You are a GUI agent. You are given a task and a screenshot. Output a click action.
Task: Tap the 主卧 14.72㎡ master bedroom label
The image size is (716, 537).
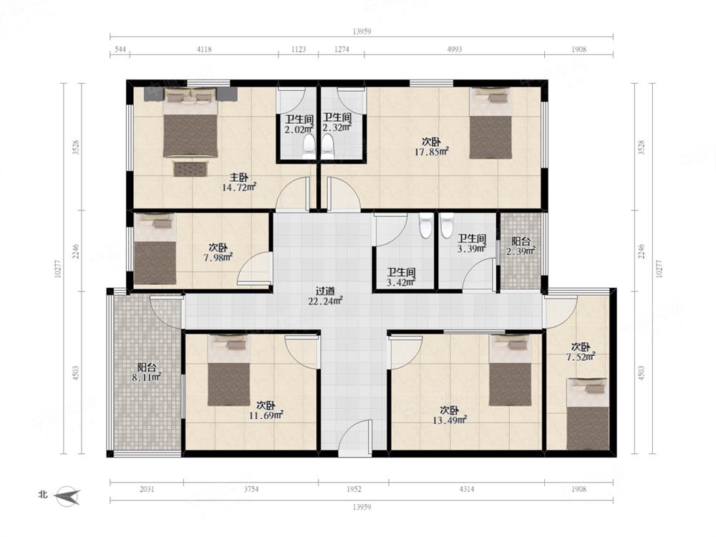point(239,182)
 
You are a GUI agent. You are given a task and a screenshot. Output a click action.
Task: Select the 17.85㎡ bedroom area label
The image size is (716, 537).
point(432,152)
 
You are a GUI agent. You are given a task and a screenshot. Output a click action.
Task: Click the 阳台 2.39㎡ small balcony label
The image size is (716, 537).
point(521,246)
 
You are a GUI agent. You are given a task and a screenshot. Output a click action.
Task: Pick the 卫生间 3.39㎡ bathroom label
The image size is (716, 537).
point(472,243)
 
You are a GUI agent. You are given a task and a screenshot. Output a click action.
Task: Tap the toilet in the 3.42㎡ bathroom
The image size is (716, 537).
point(425,226)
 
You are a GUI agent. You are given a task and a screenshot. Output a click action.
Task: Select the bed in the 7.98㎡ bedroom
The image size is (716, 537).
point(155,249)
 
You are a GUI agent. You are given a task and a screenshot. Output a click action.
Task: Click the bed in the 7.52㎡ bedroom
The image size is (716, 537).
point(587,414)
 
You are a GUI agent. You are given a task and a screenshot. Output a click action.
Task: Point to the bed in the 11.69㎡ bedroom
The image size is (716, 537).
point(229,370)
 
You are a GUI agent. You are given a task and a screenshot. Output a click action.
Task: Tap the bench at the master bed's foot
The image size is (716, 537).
point(190,168)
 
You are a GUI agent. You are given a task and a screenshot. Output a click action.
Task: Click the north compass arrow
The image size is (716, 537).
point(67,495)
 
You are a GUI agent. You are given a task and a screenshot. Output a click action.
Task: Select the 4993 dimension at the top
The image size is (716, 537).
point(454,49)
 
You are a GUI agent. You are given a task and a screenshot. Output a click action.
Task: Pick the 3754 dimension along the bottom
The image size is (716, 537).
point(251,489)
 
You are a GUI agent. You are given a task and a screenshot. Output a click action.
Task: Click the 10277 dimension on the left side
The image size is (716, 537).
point(57,269)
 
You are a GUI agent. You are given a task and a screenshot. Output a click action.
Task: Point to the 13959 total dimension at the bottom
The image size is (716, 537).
point(362,507)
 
